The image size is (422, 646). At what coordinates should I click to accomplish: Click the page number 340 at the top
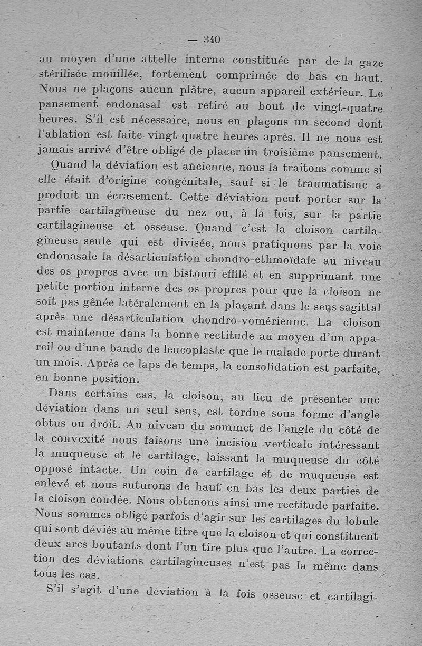[212, 39]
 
